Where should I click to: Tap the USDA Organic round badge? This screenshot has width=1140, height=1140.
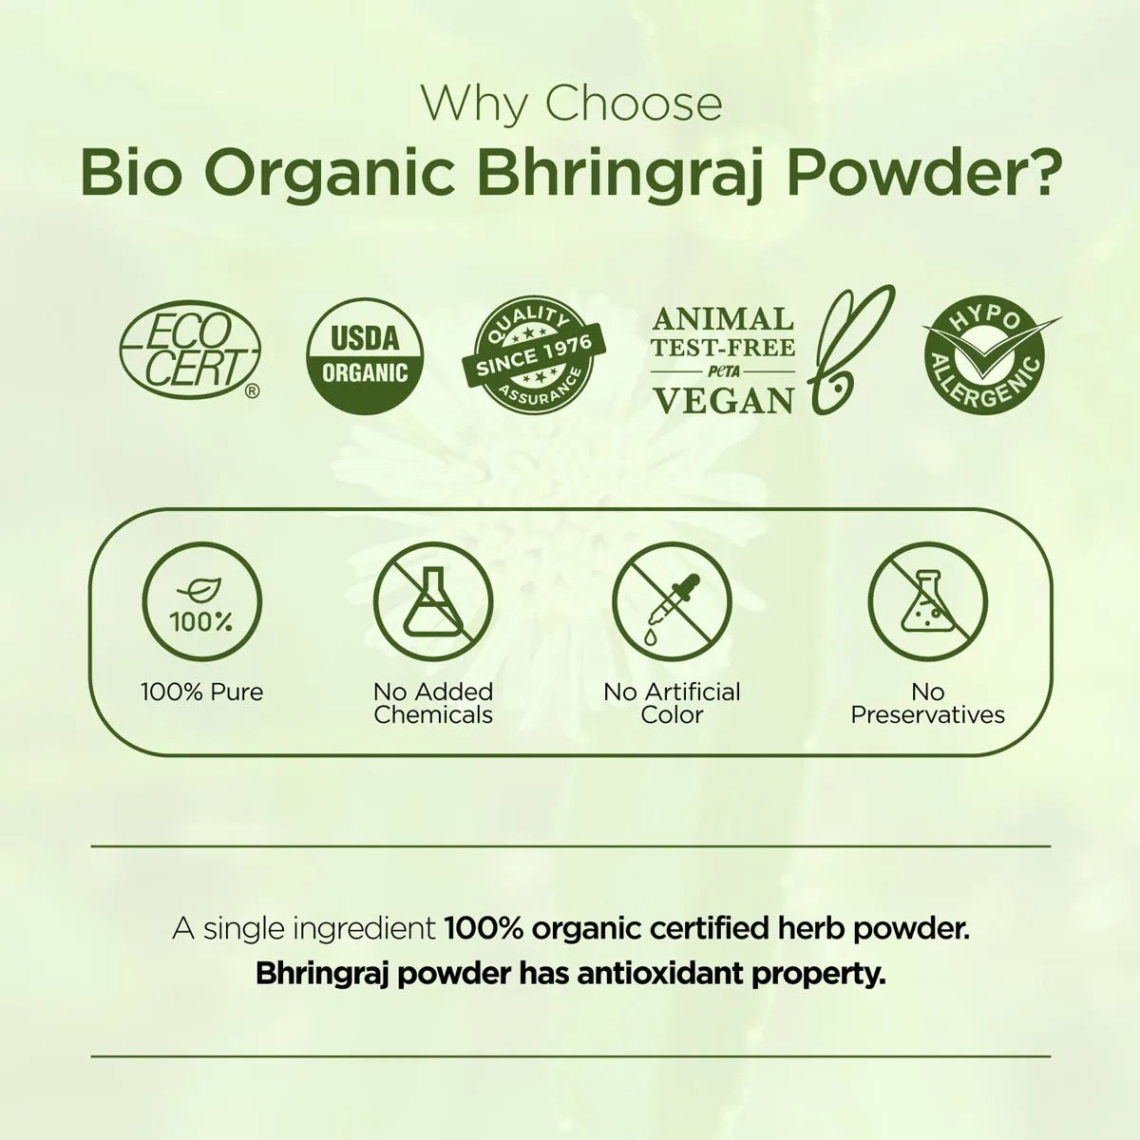point(365,356)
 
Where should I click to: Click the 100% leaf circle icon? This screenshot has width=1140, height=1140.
point(201,603)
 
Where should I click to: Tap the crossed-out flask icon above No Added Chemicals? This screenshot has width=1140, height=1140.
point(433,603)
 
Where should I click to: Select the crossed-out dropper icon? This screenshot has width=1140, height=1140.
point(672,603)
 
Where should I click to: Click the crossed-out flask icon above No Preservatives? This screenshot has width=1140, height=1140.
point(927,603)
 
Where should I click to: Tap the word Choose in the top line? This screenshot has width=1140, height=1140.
point(634,104)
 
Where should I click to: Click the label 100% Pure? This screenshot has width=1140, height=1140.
point(201,692)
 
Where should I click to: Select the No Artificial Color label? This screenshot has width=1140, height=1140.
point(672,703)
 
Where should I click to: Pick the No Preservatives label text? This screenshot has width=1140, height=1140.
point(927,703)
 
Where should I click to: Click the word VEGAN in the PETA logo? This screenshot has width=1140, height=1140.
point(724,400)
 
